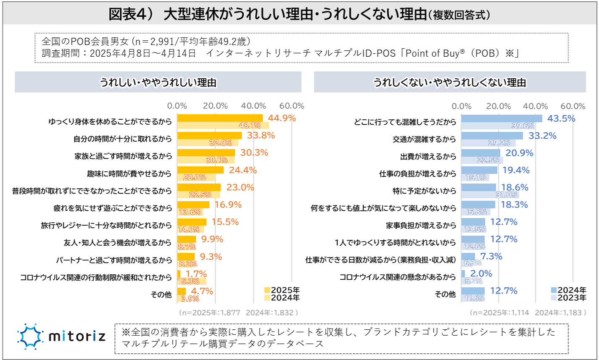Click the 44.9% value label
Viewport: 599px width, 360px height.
282,118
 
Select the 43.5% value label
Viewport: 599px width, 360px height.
561,118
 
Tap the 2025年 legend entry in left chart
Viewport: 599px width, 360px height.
282,290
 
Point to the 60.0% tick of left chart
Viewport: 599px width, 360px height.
291,106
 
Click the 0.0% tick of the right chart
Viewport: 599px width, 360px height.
462,106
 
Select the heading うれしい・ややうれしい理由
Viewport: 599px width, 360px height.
158,82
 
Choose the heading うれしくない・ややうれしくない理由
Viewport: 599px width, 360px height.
450,82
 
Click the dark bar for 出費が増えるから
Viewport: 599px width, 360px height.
481,153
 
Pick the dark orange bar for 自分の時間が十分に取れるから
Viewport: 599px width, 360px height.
209,135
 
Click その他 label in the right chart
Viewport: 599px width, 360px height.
447,294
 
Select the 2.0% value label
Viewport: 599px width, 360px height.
482,274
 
